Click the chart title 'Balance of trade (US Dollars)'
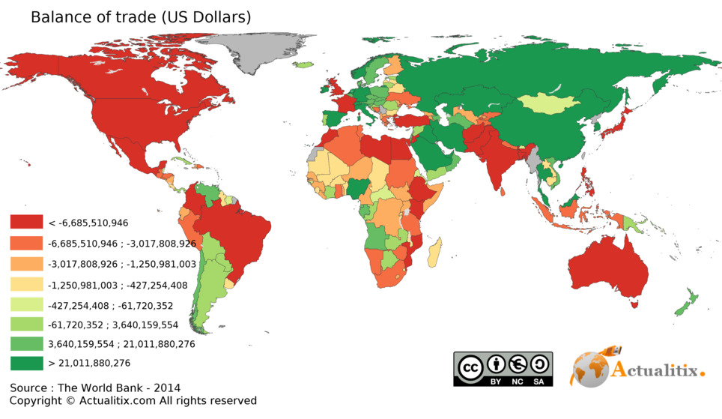point(141,16)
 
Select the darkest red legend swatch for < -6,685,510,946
point(27,223)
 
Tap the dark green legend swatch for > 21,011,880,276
point(27,364)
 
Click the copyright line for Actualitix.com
point(133,401)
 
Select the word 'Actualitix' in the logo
point(658,370)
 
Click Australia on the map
point(609,270)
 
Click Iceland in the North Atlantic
point(304,65)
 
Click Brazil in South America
point(232,232)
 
